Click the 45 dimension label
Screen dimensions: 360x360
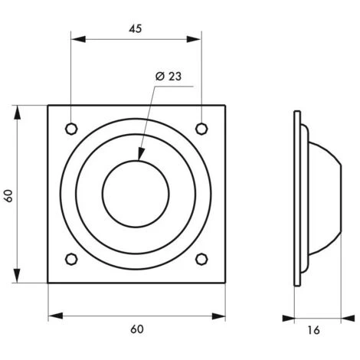(x=135, y=28)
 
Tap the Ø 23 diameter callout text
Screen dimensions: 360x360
(x=169, y=77)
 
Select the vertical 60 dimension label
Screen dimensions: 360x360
(x=9, y=196)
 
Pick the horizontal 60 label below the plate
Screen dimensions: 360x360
(x=137, y=329)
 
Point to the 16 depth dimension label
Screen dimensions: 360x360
(x=313, y=330)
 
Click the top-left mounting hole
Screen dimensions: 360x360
(x=71, y=129)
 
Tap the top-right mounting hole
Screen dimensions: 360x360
(x=201, y=129)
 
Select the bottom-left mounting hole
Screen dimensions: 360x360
(x=71, y=259)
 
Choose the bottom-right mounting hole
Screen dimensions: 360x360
(x=201, y=259)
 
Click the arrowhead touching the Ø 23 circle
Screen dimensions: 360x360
(x=141, y=154)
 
